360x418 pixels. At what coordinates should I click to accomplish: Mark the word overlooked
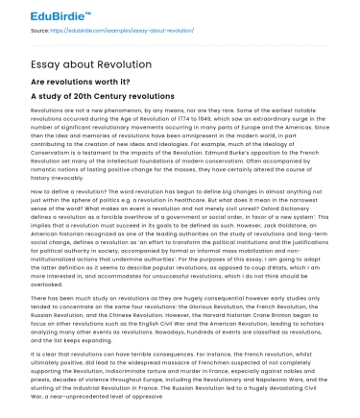click(49, 283)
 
